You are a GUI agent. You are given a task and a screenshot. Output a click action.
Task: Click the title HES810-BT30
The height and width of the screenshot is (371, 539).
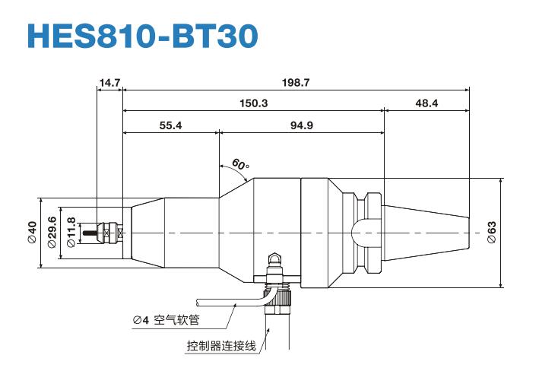tap(142, 34)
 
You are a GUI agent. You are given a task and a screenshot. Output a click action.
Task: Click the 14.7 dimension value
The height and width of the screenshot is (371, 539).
tap(109, 82)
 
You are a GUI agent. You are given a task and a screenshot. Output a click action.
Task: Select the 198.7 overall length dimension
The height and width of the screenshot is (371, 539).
tap(296, 82)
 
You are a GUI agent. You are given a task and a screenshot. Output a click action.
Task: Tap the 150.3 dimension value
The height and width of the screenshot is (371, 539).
tap(253, 103)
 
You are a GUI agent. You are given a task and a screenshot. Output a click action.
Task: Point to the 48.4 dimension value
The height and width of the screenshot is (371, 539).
tap(426, 103)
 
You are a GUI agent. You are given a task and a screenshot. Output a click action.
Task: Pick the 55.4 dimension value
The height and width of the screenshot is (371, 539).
tap(170, 125)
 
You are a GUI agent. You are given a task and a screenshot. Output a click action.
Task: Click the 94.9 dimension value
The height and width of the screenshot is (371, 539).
tap(301, 125)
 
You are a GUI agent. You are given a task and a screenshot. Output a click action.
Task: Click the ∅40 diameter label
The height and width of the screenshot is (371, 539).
tap(32, 232)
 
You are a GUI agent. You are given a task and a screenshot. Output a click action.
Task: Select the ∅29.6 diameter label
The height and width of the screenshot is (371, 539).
tap(52, 232)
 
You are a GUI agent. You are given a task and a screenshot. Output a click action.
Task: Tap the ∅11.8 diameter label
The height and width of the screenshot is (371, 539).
tap(71, 232)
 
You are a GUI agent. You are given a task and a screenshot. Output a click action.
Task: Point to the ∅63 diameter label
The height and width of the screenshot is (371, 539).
tap(492, 232)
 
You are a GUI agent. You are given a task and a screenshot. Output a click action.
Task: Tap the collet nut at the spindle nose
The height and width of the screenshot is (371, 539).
tap(113, 232)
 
